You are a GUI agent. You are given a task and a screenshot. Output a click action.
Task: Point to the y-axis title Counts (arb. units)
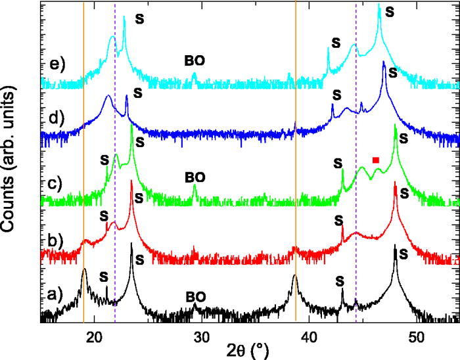point(11,160)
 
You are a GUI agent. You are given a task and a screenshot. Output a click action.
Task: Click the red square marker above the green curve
point(376,160)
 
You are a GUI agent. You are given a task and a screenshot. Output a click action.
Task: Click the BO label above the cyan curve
point(195,60)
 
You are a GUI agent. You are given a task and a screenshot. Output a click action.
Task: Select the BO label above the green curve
point(195,177)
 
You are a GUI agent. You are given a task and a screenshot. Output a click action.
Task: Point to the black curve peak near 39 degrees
point(295,277)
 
